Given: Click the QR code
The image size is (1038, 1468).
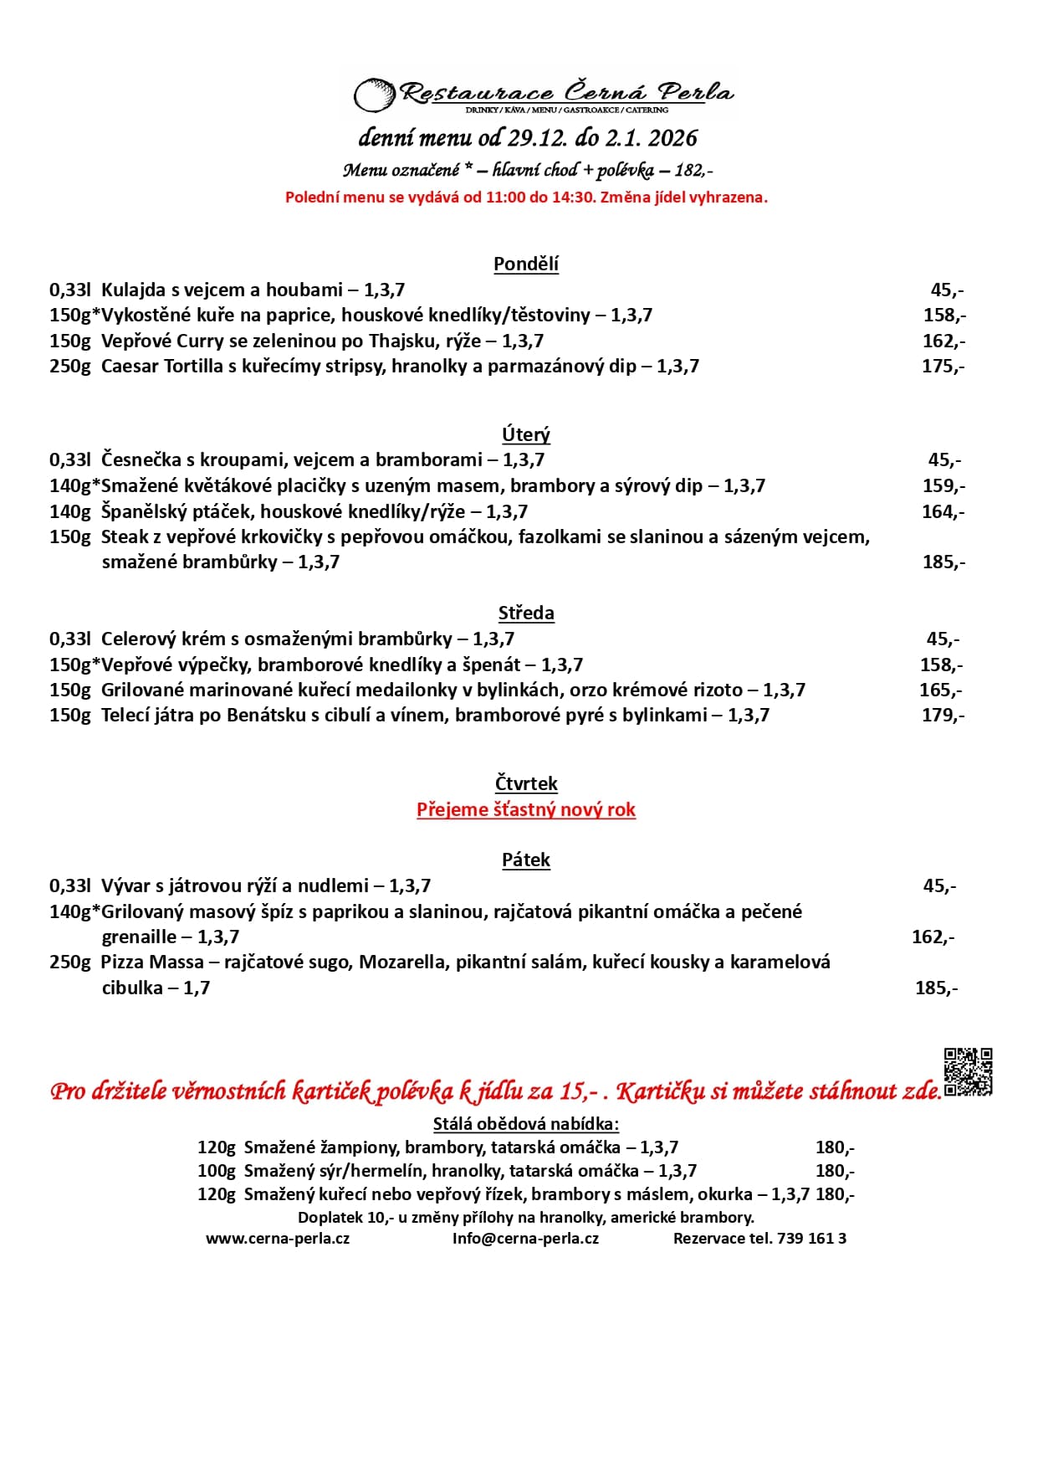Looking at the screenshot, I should pyautogui.click(x=968, y=1071).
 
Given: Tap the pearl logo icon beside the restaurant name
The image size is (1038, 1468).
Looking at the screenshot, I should pyautogui.click(x=374, y=95).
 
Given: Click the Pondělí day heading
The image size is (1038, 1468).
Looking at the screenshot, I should pyautogui.click(x=525, y=264).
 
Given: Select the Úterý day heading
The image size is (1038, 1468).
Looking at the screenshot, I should pyautogui.click(x=525, y=434).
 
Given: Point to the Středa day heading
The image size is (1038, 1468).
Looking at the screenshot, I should pyautogui.click(x=525, y=613).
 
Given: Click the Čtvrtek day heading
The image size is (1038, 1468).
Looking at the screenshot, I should pyautogui.click(x=525, y=784).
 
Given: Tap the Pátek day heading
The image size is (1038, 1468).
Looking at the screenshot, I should pyautogui.click(x=525, y=860).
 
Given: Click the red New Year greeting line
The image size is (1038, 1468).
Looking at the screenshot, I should pyautogui.click(x=525, y=810).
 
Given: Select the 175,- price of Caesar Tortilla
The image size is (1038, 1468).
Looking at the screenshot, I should pyautogui.click(x=943, y=367).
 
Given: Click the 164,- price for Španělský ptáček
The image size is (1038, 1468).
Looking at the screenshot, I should pyautogui.click(x=943, y=512).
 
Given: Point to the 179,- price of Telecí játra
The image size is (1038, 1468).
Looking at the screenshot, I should pyautogui.click(x=943, y=716).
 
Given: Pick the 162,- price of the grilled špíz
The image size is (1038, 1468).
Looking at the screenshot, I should pyautogui.click(x=933, y=937).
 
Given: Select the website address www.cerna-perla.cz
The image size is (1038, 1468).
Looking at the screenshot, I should pyautogui.click(x=278, y=1239).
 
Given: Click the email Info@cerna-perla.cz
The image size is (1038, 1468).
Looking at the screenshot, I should pyautogui.click(x=525, y=1239).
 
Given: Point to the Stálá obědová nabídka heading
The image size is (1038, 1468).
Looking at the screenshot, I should pyautogui.click(x=525, y=1124).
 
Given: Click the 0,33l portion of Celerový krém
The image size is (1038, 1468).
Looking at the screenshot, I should pyautogui.click(x=69, y=639).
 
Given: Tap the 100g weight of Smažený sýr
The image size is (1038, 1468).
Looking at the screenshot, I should pyautogui.click(x=217, y=1171).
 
